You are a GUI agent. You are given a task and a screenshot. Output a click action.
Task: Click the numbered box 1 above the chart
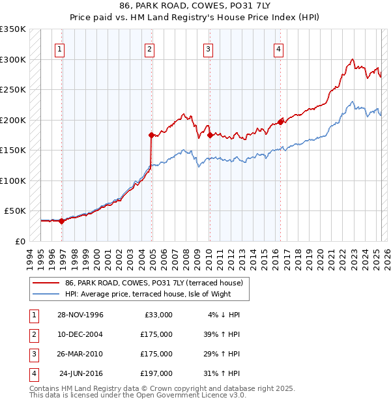tap(59, 48)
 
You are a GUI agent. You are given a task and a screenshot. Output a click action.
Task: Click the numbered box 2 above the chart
tap(149, 48)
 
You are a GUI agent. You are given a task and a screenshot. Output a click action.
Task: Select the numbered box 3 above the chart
tap(208, 48)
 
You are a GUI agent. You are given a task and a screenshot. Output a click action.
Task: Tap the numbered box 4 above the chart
tap(278, 48)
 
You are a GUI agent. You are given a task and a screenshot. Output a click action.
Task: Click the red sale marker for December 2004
tap(151, 135)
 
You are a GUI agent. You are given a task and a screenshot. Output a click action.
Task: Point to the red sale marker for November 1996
tap(62, 221)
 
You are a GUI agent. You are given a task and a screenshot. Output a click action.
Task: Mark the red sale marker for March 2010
tap(210, 135)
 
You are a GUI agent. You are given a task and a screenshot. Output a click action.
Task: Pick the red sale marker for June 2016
tap(280, 122)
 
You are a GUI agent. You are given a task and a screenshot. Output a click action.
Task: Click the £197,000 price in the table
tap(156, 373)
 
